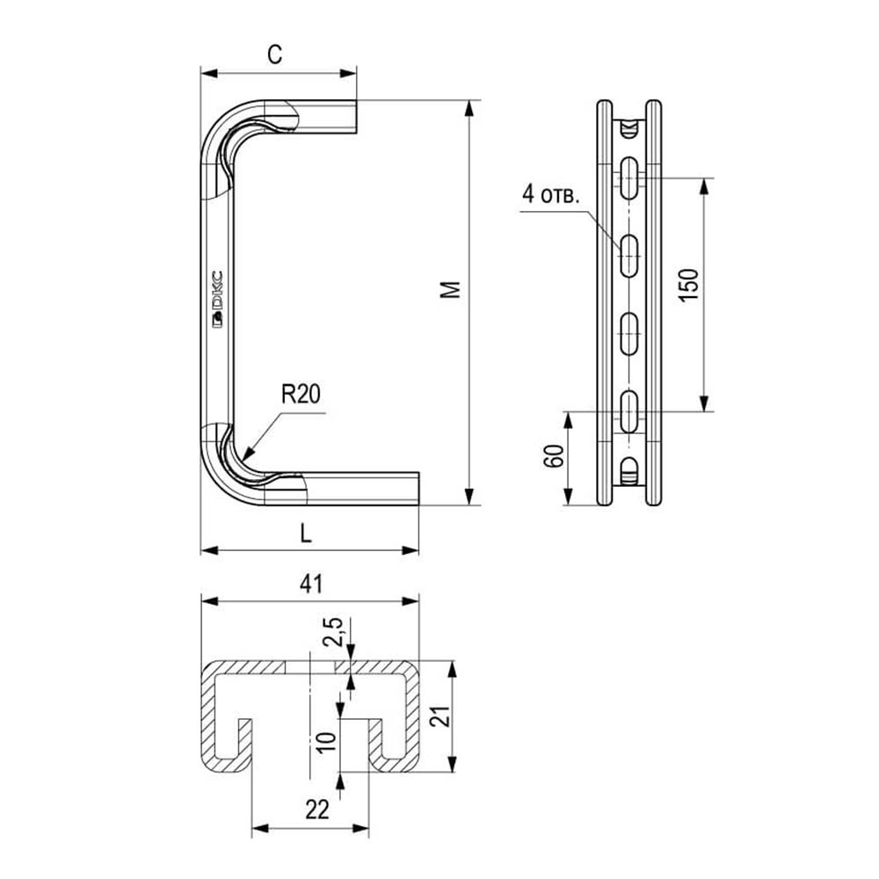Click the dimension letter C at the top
pos(274,54)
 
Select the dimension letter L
pos(306,534)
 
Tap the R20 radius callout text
pos(301,394)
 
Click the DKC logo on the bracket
pos(217,298)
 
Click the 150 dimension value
pos(689,285)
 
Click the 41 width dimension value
pos(312,585)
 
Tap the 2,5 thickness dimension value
pos(333,633)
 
